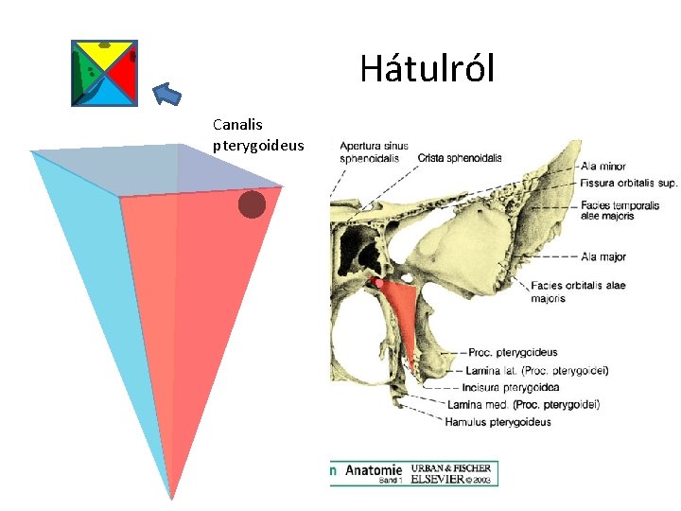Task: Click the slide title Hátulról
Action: (x=427, y=69)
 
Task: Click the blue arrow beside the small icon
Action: (x=167, y=93)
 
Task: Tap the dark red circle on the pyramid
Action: (x=252, y=204)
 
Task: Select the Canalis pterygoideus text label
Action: (x=258, y=134)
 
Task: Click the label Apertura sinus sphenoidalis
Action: (x=374, y=151)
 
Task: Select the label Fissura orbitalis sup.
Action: (x=629, y=184)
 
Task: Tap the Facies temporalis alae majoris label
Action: (x=620, y=210)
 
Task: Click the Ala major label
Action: (x=604, y=256)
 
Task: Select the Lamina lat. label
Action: (x=535, y=370)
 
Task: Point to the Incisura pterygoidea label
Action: (x=512, y=387)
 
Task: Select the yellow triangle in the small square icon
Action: (x=104, y=55)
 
